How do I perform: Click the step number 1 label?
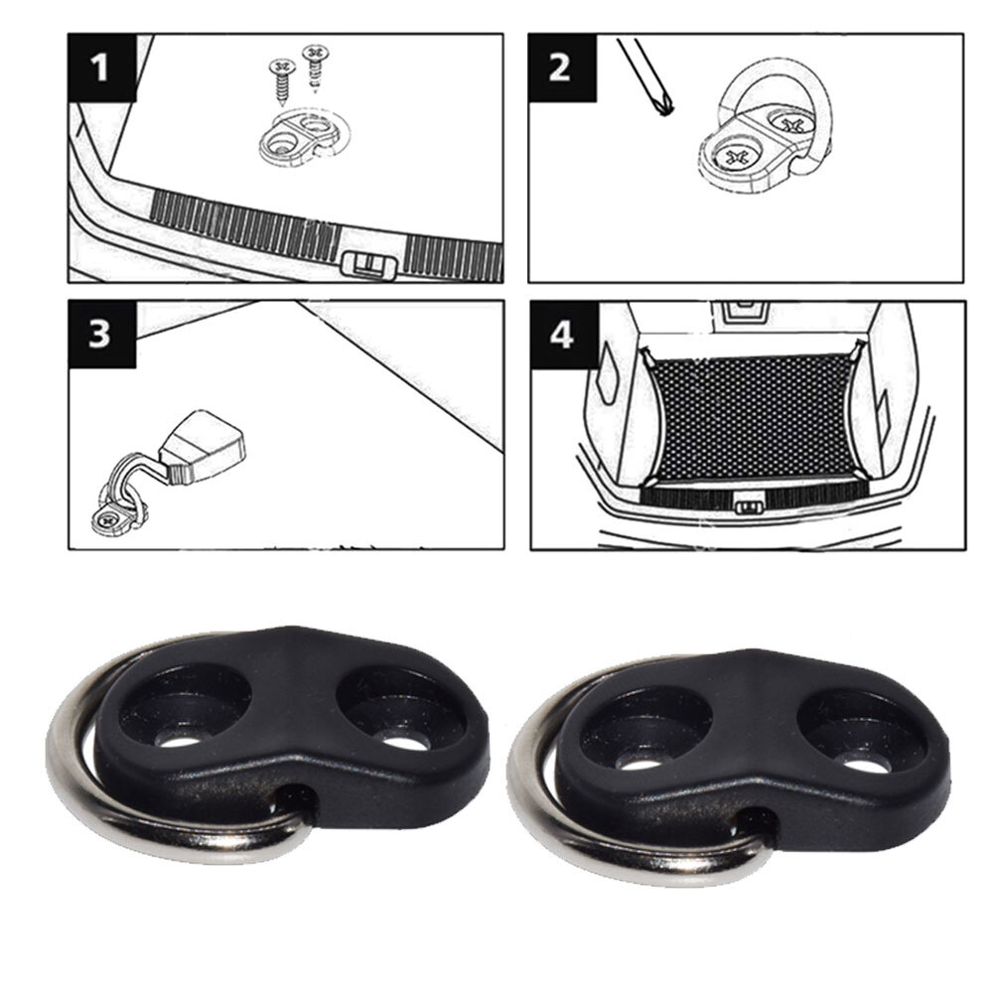pos(100,69)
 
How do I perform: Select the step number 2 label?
pos(560,69)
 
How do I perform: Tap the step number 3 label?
pos(100,334)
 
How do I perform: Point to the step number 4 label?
pos(562,335)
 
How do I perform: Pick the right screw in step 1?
pos(316,65)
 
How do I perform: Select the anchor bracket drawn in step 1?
pos(298,139)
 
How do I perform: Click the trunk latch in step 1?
pos(367,264)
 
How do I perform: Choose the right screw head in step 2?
pos(791,125)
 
